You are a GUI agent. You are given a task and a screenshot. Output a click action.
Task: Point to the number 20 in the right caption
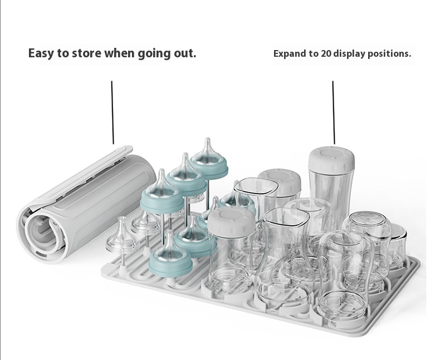[x=326, y=53]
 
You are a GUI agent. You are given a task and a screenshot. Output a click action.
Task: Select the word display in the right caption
[x=349, y=54]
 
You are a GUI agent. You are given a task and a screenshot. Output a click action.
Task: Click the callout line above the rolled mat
[x=113, y=112]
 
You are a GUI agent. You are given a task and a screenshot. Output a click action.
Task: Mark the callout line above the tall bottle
[x=334, y=112]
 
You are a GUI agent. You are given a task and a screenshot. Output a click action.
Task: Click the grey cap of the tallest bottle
[x=331, y=159]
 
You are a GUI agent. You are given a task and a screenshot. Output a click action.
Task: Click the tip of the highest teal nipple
[x=208, y=139]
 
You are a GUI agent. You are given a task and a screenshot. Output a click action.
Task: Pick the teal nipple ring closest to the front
[x=170, y=265]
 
